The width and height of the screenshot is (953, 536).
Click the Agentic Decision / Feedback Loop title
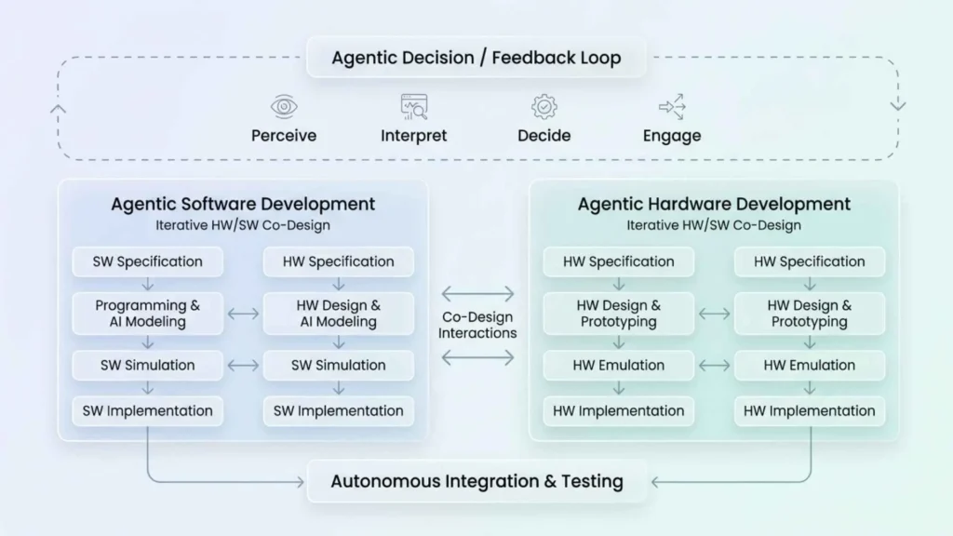[476, 59]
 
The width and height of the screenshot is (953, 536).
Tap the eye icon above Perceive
[283, 106]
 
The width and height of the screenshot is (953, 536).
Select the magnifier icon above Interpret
[414, 107]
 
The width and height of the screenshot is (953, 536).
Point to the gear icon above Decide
[544, 106]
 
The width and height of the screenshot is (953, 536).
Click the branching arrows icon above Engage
[671, 106]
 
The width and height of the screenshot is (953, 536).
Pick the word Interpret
[414, 136]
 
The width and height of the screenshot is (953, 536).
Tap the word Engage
[671, 136]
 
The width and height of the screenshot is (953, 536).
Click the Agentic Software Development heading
[243, 204]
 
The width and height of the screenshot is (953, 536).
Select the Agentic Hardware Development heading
[714, 204]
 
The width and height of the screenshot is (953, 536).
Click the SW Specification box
[148, 261]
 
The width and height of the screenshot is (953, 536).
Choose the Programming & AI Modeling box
[148, 314]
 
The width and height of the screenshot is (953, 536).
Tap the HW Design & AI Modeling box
[339, 314]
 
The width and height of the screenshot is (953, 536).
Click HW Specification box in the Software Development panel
[339, 261]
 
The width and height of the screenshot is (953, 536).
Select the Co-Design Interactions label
[477, 325]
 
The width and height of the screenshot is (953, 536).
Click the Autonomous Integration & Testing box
[476, 482]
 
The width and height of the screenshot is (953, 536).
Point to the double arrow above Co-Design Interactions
[477, 294]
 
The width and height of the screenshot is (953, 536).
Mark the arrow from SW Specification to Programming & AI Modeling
[148, 284]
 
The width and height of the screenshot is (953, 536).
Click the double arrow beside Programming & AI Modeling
[243, 314]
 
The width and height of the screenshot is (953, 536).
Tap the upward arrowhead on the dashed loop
[58, 108]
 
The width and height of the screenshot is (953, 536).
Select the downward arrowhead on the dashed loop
[897, 105]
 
